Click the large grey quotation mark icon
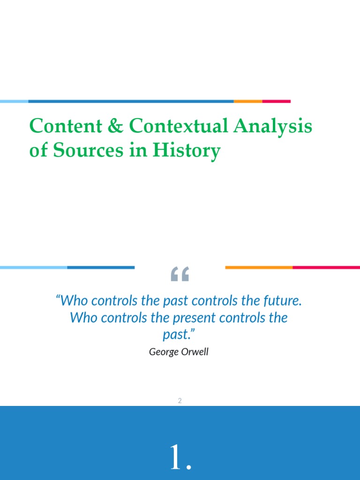tap(180, 274)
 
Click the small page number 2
tap(180, 401)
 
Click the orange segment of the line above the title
tap(248, 101)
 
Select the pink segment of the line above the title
tap(276, 101)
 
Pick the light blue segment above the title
tap(14, 101)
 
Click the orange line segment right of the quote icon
tap(259, 268)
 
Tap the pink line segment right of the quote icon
tap(326, 268)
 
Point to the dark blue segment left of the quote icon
tap(101, 268)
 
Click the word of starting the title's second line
tap(37, 150)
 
